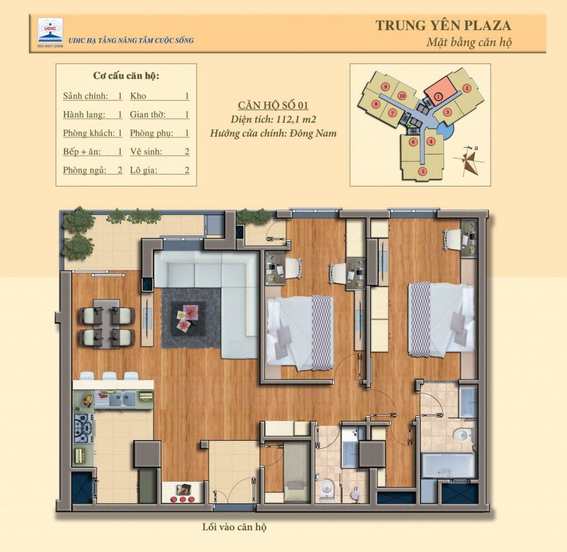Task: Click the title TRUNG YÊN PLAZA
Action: coord(443,25)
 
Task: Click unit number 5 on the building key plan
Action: coord(422,171)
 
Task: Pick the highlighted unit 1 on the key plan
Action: coord(438,97)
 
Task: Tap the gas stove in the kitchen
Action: coord(83,427)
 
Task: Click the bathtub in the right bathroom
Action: coord(448,465)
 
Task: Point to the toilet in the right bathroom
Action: coord(461,435)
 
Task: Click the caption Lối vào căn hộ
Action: coord(234,527)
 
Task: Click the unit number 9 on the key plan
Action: coord(384,86)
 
